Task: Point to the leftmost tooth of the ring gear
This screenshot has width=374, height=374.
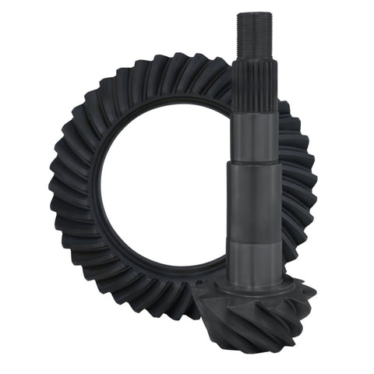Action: [x=55, y=187]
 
